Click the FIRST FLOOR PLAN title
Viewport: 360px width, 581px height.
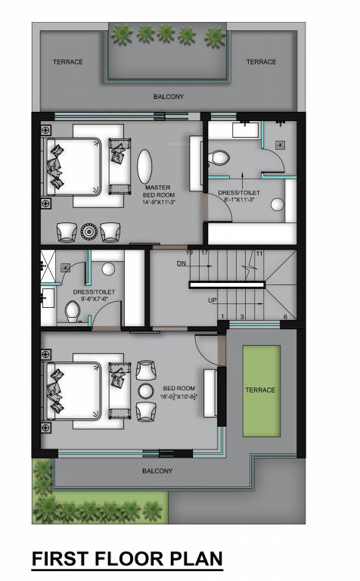[126, 559]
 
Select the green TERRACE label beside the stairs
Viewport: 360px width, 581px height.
[259, 390]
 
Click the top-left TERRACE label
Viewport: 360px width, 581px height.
[67, 62]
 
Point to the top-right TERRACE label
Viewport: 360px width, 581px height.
[261, 62]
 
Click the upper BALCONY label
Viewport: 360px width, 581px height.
[168, 97]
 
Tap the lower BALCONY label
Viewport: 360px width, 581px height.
[157, 471]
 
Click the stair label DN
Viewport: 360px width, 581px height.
[181, 263]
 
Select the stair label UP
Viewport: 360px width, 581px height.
[213, 300]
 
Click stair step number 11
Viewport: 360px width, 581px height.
[259, 253]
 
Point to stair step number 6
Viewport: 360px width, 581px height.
[285, 316]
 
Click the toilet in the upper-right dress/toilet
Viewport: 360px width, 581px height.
[219, 157]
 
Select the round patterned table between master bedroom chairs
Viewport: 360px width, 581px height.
[89, 230]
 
